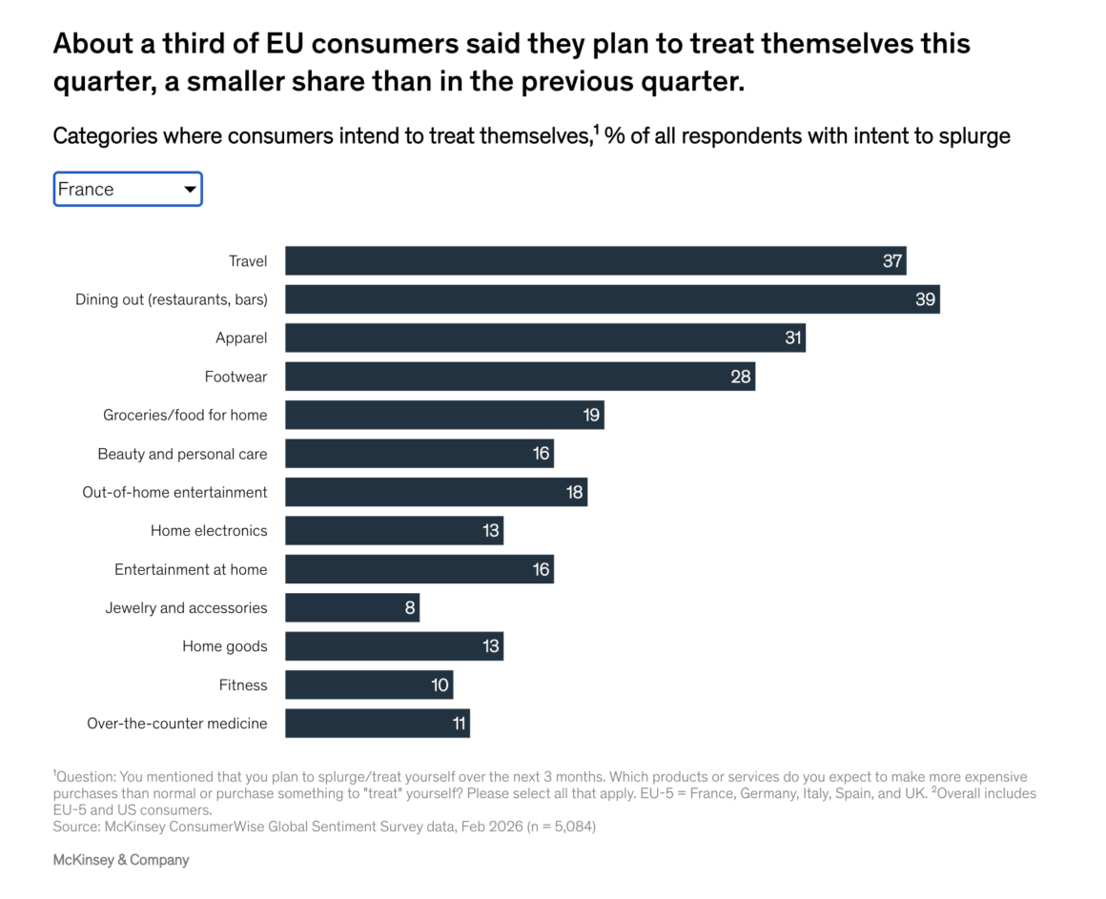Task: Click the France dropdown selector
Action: [127, 189]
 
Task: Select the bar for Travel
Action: [595, 260]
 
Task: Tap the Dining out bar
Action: [612, 299]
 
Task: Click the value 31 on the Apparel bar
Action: [793, 337]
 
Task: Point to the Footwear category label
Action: [236, 377]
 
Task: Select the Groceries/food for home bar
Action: [444, 415]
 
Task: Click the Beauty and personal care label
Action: [182, 454]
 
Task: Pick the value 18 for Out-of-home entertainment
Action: [575, 492]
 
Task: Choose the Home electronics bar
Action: [394, 531]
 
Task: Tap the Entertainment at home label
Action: [191, 569]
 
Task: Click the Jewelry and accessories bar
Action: [352, 607]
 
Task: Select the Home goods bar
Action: [394, 646]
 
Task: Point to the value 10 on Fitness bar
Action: [440, 684]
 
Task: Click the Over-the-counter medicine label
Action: [177, 724]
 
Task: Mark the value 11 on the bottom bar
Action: [459, 724]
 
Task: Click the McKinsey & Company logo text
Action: [121, 860]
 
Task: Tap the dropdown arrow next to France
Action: [191, 190]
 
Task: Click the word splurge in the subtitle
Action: [974, 136]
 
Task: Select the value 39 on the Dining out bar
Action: [926, 299]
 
